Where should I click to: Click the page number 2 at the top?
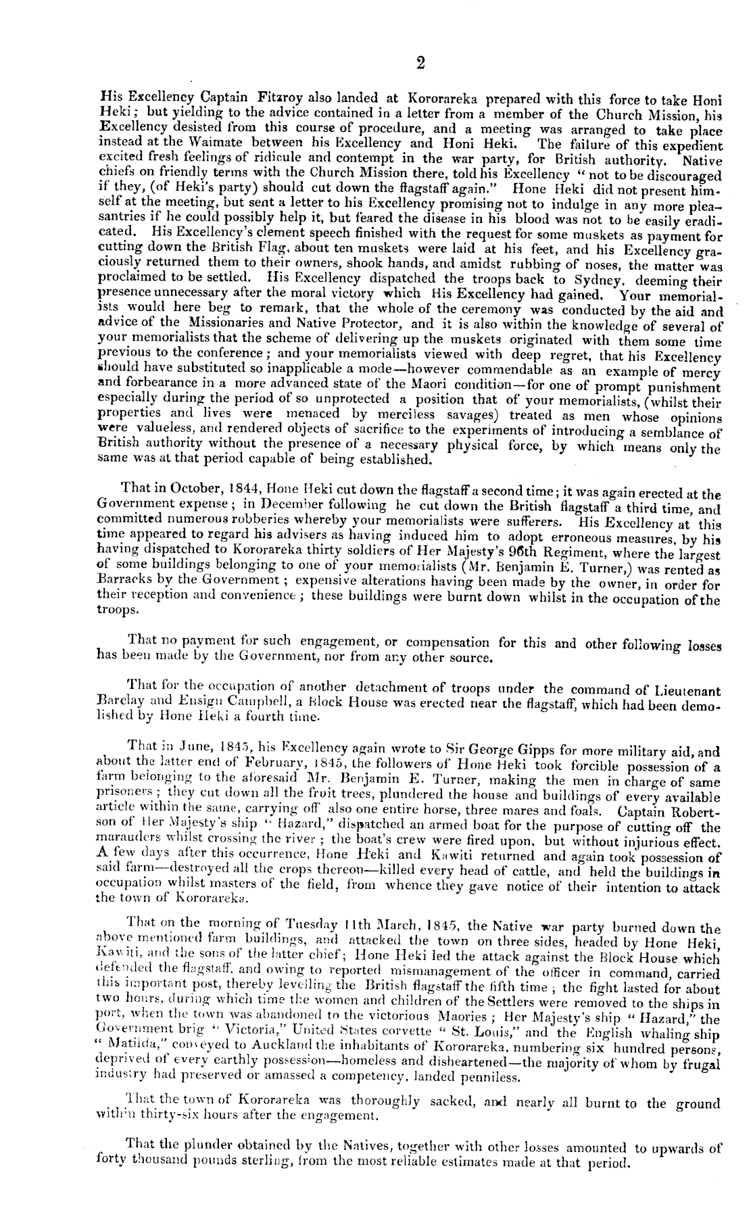(420, 64)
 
